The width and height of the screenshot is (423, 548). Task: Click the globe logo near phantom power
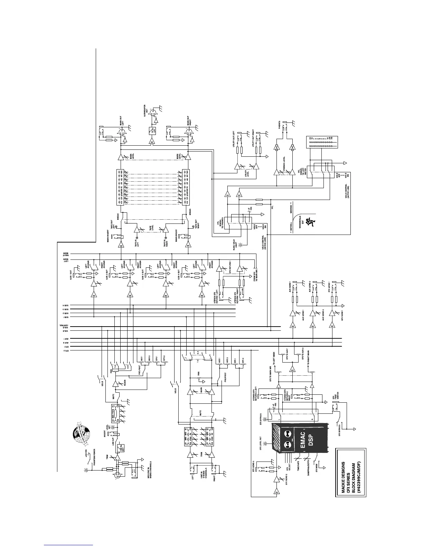81,437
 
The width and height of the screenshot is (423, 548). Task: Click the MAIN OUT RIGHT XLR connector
188,132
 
